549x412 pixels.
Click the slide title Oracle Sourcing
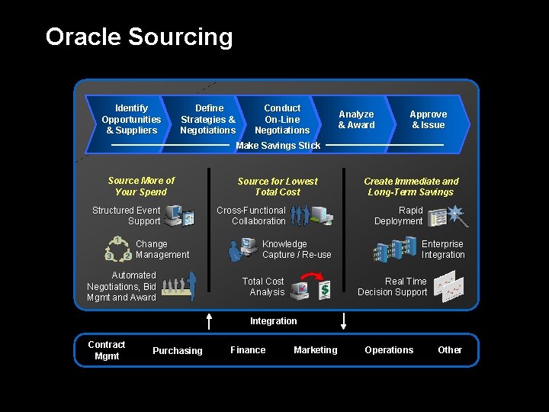click(139, 37)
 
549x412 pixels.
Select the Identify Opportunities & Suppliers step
click(131, 119)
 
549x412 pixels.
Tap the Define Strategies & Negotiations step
click(208, 119)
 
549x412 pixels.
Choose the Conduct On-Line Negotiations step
click(282, 119)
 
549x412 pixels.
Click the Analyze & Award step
click(356, 120)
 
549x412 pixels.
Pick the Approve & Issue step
click(428, 120)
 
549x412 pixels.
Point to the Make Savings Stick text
click(278, 146)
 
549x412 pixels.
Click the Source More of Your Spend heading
click(141, 186)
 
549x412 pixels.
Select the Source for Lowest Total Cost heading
click(278, 187)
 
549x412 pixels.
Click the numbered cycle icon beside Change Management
click(118, 249)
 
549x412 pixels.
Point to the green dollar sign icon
click(324, 289)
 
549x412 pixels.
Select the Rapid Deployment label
click(398, 216)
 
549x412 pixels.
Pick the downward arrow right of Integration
click(343, 320)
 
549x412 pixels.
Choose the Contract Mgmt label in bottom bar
click(107, 350)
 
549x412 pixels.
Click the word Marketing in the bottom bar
click(315, 350)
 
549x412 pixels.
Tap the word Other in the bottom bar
click(450, 350)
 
